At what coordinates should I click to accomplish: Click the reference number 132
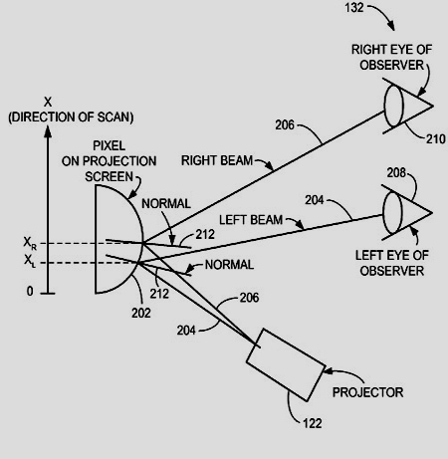click(354, 8)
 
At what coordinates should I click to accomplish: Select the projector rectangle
click(286, 364)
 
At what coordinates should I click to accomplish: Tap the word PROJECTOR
click(367, 392)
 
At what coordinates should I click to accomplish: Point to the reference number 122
click(313, 423)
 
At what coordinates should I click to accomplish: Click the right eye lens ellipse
click(394, 106)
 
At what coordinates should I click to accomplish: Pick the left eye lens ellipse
click(392, 213)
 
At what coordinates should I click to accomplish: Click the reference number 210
click(435, 139)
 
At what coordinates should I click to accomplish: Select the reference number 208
click(396, 173)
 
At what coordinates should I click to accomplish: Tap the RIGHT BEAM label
click(217, 160)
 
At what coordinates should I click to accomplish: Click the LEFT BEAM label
click(251, 220)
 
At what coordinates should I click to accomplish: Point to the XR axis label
click(30, 243)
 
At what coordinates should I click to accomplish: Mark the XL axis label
click(30, 261)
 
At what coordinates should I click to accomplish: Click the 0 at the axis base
click(30, 291)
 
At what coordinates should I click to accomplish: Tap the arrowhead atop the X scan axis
click(48, 131)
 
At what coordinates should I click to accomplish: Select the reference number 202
click(141, 313)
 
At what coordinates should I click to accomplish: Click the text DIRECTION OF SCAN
click(71, 117)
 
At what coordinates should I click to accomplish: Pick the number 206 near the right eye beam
click(285, 125)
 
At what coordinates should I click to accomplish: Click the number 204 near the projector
click(186, 331)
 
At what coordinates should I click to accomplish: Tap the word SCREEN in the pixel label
click(109, 176)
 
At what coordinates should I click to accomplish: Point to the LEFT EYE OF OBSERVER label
click(392, 263)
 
